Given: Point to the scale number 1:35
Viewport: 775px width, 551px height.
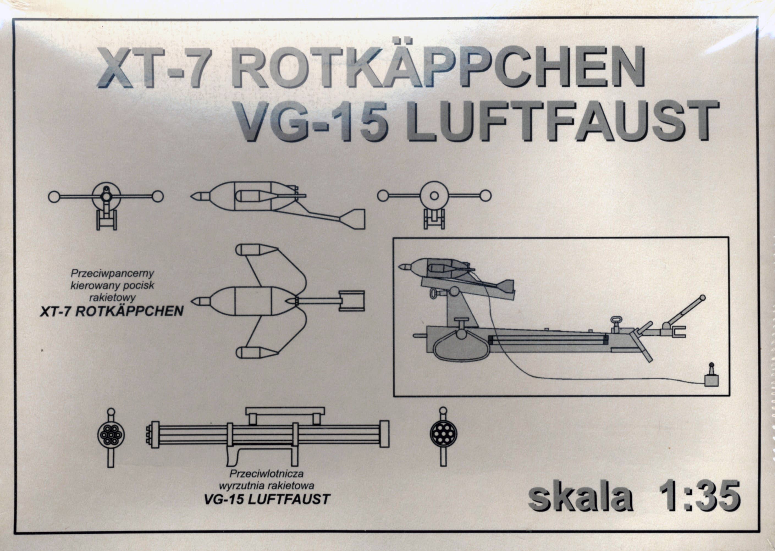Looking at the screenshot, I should pos(699,496).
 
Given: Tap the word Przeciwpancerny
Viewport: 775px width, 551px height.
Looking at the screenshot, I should pos(112,273).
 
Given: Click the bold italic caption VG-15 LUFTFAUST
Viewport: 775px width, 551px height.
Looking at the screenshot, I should pos(267,499).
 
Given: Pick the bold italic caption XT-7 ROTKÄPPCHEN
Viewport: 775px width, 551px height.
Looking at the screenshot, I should pos(112,311).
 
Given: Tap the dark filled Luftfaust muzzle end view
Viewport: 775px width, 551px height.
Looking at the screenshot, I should pos(443,434).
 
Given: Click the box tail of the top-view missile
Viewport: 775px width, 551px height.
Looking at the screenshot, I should pos(352,301).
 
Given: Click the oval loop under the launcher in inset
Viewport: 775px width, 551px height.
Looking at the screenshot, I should pos(461,347).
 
